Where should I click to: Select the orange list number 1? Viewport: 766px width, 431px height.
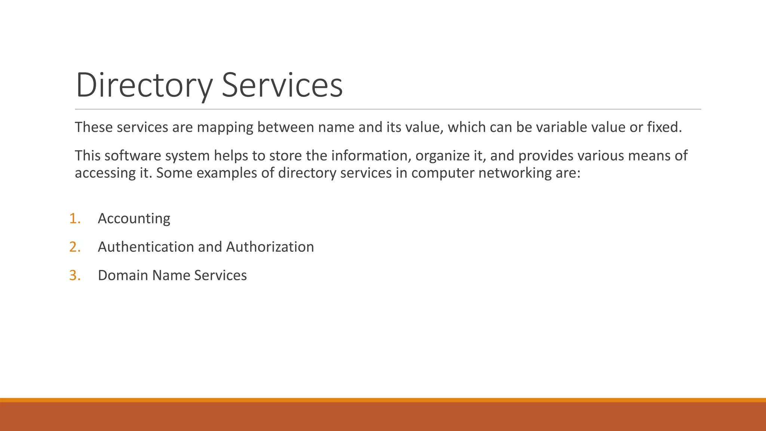click(x=75, y=218)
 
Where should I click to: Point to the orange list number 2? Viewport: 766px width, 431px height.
click(x=75, y=247)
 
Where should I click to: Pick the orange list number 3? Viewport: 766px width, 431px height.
click(x=75, y=275)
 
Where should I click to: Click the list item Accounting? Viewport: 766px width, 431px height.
click(x=134, y=218)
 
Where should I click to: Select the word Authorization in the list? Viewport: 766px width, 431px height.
click(x=270, y=247)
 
